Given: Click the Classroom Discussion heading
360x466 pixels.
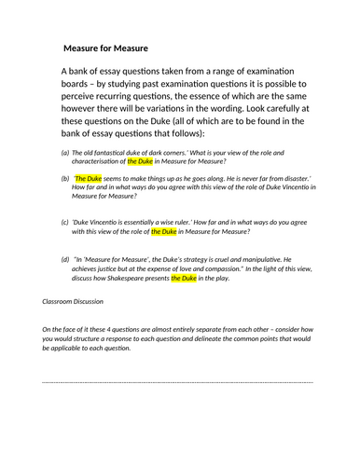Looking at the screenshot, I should (78, 302).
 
